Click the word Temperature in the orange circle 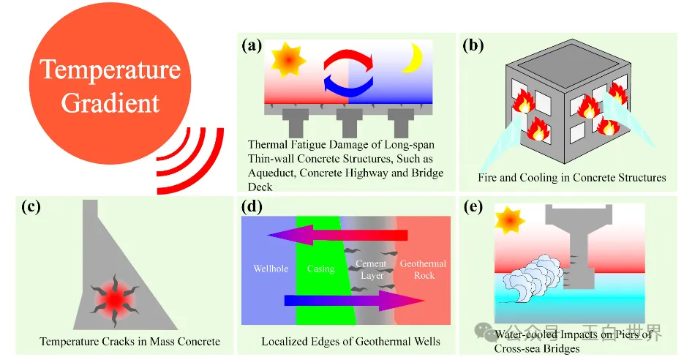tap(110, 70)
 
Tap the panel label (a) tap(252, 45)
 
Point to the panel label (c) tap(31, 207)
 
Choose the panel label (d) tap(252, 207)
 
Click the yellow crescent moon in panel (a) tap(414, 56)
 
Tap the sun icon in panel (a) tap(284, 59)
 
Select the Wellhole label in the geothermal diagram tap(271, 269)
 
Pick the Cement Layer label tap(372, 269)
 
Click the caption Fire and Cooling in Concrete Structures tap(571, 178)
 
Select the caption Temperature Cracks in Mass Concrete tap(129, 342)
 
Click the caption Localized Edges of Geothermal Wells tap(350, 342)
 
